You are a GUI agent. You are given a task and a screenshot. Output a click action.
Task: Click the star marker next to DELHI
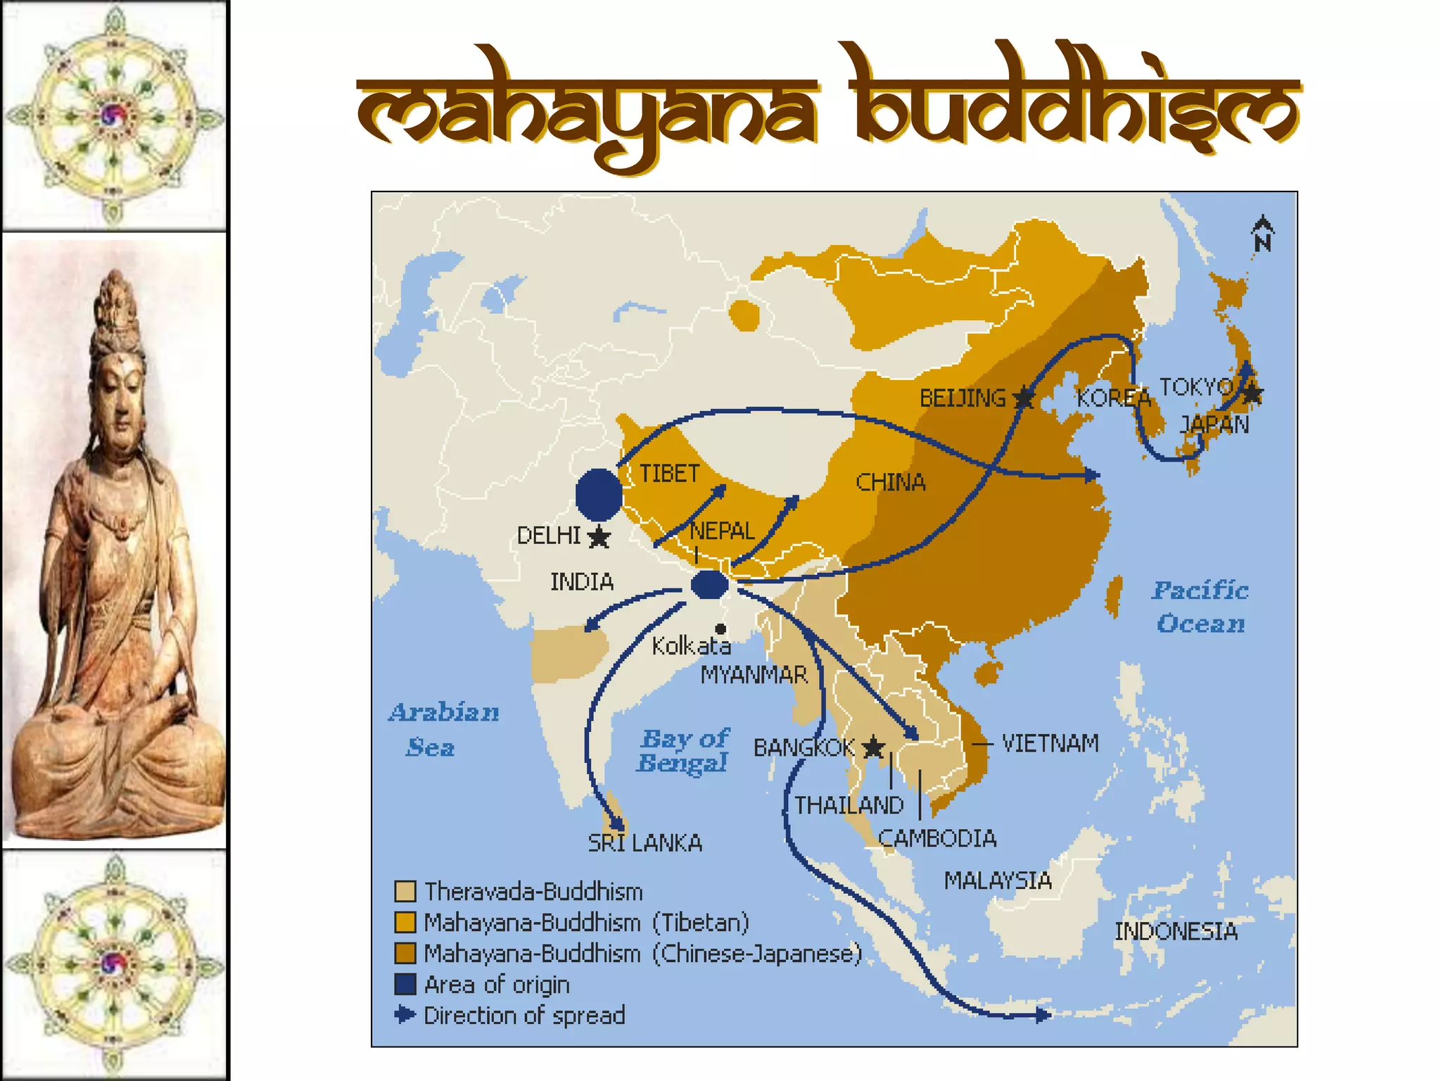pyautogui.click(x=599, y=537)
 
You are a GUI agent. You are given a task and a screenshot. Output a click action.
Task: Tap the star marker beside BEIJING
pyautogui.click(x=1024, y=398)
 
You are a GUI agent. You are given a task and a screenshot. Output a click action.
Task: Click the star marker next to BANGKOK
pyautogui.click(x=873, y=747)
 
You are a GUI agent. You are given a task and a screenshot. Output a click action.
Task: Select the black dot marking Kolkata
pyautogui.click(x=720, y=628)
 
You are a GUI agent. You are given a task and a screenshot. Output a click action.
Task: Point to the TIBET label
pyautogui.click(x=669, y=474)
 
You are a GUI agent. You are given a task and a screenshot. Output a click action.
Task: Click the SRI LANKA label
pyautogui.click(x=645, y=842)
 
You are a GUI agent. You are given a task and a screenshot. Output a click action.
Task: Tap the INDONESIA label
pyautogui.click(x=1176, y=931)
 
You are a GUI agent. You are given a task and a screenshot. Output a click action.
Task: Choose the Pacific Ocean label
pyautogui.click(x=1200, y=607)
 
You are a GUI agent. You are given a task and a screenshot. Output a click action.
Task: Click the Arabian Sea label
pyautogui.click(x=443, y=729)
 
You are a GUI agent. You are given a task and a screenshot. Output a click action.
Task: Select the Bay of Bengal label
pyautogui.click(x=683, y=750)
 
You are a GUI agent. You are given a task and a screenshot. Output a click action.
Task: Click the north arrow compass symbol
pyautogui.click(x=1262, y=234)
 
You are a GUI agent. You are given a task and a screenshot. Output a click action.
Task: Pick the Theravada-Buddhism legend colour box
pyautogui.click(x=405, y=892)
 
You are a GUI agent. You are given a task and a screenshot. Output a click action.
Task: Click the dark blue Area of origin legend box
pyautogui.click(x=405, y=984)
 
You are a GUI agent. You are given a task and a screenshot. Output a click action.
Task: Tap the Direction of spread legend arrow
pyautogui.click(x=405, y=1015)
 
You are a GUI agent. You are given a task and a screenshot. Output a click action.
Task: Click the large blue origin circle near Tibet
pyautogui.click(x=599, y=494)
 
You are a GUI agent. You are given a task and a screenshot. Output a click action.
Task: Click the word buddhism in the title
pyautogui.click(x=1074, y=106)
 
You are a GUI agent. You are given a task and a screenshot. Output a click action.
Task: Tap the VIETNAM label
pyautogui.click(x=1050, y=743)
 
